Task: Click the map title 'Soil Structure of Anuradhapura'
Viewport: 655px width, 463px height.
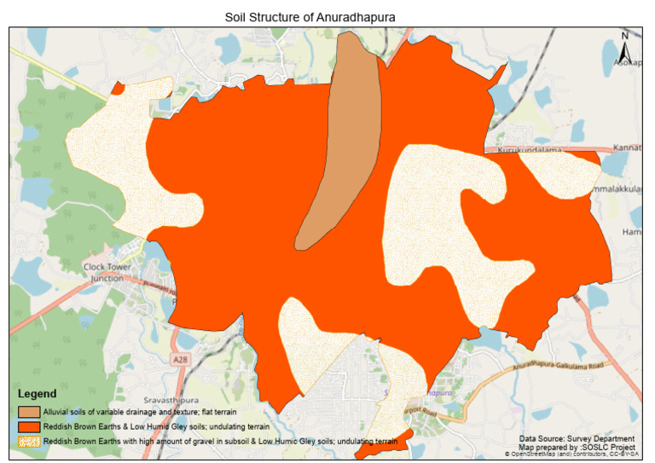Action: pyautogui.click(x=310, y=17)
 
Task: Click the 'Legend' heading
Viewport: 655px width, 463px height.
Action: pyautogui.click(x=38, y=394)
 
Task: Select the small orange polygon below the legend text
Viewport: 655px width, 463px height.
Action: pyautogui.click(x=384, y=444)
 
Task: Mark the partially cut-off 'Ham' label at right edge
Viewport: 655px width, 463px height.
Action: pyautogui.click(x=631, y=232)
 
